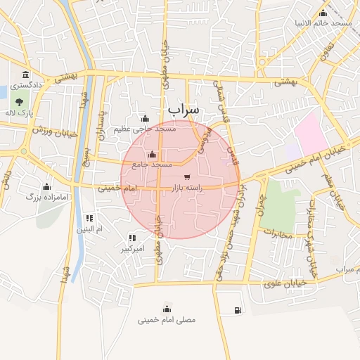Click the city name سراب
pos(184,110)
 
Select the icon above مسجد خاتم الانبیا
pos(323,13)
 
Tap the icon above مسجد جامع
pos(152,155)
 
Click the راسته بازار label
pos(187,188)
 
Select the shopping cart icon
pos(186,177)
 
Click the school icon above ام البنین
pos(89,218)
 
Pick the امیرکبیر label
pos(132,249)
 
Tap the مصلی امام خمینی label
pos(167,320)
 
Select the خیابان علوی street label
pos(283,284)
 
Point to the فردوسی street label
pos(205,141)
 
